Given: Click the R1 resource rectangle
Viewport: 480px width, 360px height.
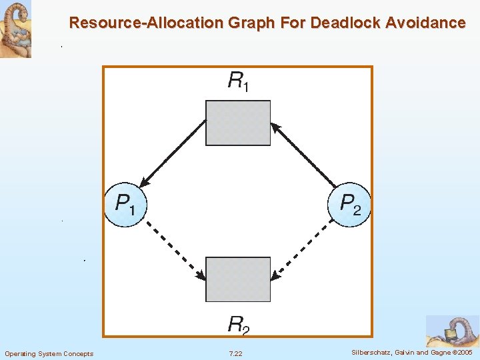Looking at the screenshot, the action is pyautogui.click(x=238, y=123).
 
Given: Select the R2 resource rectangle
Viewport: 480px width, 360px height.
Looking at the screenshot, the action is pyautogui.click(x=238, y=279).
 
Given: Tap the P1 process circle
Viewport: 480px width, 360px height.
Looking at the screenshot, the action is pyautogui.click(x=125, y=204).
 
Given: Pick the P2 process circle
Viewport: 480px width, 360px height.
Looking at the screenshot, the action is pyautogui.click(x=350, y=204).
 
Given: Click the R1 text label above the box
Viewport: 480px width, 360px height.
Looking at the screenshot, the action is pyautogui.click(x=238, y=82).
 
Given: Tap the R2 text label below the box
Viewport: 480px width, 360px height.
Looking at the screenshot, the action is pyautogui.click(x=238, y=325).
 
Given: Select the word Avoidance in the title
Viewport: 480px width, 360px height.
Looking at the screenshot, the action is pyautogui.click(x=425, y=23).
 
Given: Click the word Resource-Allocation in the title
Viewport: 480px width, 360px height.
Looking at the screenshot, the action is pyautogui.click(x=146, y=23).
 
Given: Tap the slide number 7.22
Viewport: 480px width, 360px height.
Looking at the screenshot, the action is pyautogui.click(x=235, y=353).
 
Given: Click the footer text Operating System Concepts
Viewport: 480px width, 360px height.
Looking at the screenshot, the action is pyautogui.click(x=49, y=353).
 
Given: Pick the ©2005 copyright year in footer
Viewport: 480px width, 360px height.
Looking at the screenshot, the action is pyautogui.click(x=461, y=353).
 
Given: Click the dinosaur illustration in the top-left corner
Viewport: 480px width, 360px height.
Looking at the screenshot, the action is pyautogui.click(x=15, y=29).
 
